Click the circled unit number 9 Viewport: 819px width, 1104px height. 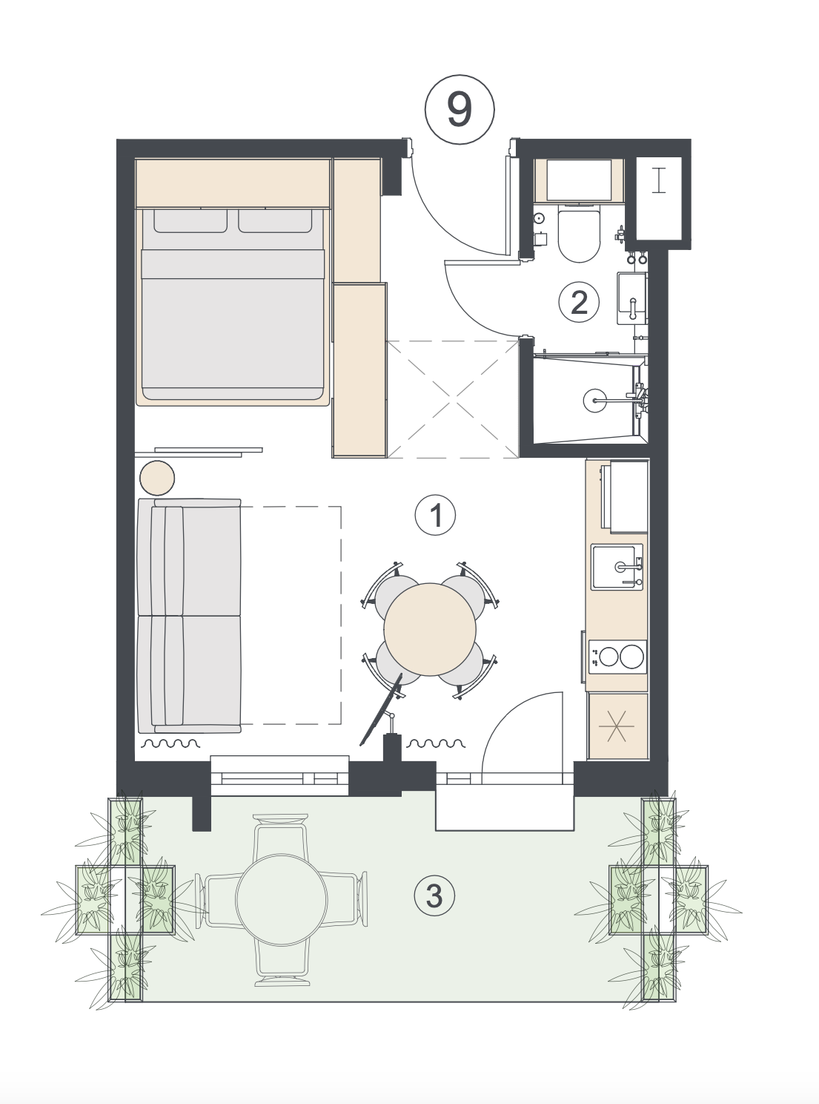point(460,110)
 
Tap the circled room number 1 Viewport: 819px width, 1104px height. point(436,515)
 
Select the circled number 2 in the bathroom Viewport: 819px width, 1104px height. point(580,302)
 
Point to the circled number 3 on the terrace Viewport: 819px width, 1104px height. point(434,896)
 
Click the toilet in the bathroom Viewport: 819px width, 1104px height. point(579,234)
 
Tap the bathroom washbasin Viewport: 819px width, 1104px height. point(632,298)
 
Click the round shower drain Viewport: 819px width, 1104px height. point(594,399)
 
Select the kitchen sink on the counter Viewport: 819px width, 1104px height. point(617,566)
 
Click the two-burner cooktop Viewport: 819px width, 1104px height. point(617,657)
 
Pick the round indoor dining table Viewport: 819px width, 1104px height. point(430,629)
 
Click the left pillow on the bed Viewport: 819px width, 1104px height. point(190,220)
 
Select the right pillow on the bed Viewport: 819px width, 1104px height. point(276,220)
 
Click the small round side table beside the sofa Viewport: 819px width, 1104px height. point(157,479)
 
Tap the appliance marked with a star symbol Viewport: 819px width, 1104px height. point(617,726)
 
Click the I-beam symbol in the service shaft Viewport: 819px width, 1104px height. point(660,180)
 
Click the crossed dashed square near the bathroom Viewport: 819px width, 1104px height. point(453,399)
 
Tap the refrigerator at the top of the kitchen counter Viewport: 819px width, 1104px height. point(625,497)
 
